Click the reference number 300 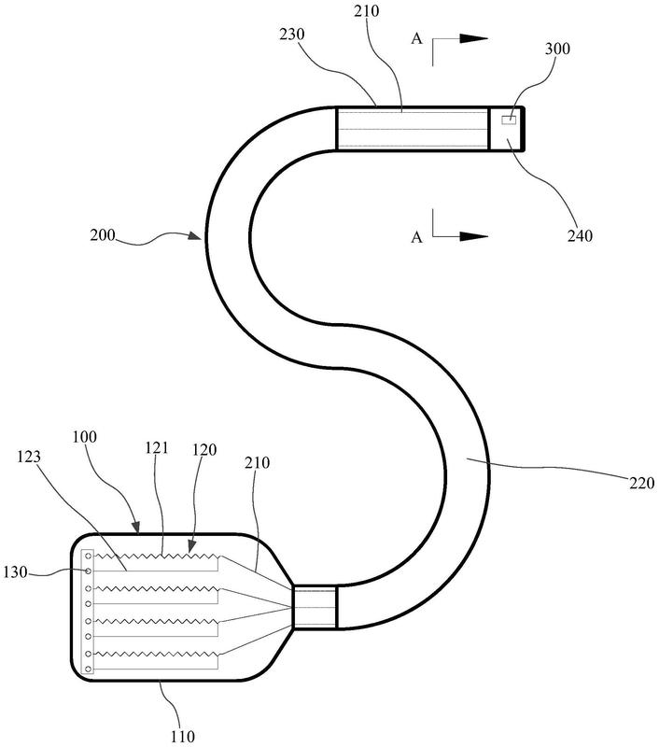click(x=557, y=49)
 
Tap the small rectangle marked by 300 click(x=509, y=120)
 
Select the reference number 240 click(x=580, y=236)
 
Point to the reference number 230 click(x=292, y=35)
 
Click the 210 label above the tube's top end click(x=367, y=11)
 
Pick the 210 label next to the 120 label click(x=257, y=462)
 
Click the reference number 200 click(x=103, y=235)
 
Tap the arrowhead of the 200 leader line click(x=195, y=235)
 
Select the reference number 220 click(x=642, y=483)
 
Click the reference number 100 click(x=85, y=437)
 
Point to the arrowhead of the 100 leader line click(x=135, y=528)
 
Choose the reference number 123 click(x=29, y=457)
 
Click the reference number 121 click(x=157, y=448)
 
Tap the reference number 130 click(x=15, y=571)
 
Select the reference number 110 click(x=183, y=737)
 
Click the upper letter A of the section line click(x=416, y=38)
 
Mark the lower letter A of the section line click(x=416, y=237)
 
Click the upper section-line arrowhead click(x=474, y=39)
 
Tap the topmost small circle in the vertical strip click(x=88, y=556)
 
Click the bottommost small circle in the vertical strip click(x=88, y=669)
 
